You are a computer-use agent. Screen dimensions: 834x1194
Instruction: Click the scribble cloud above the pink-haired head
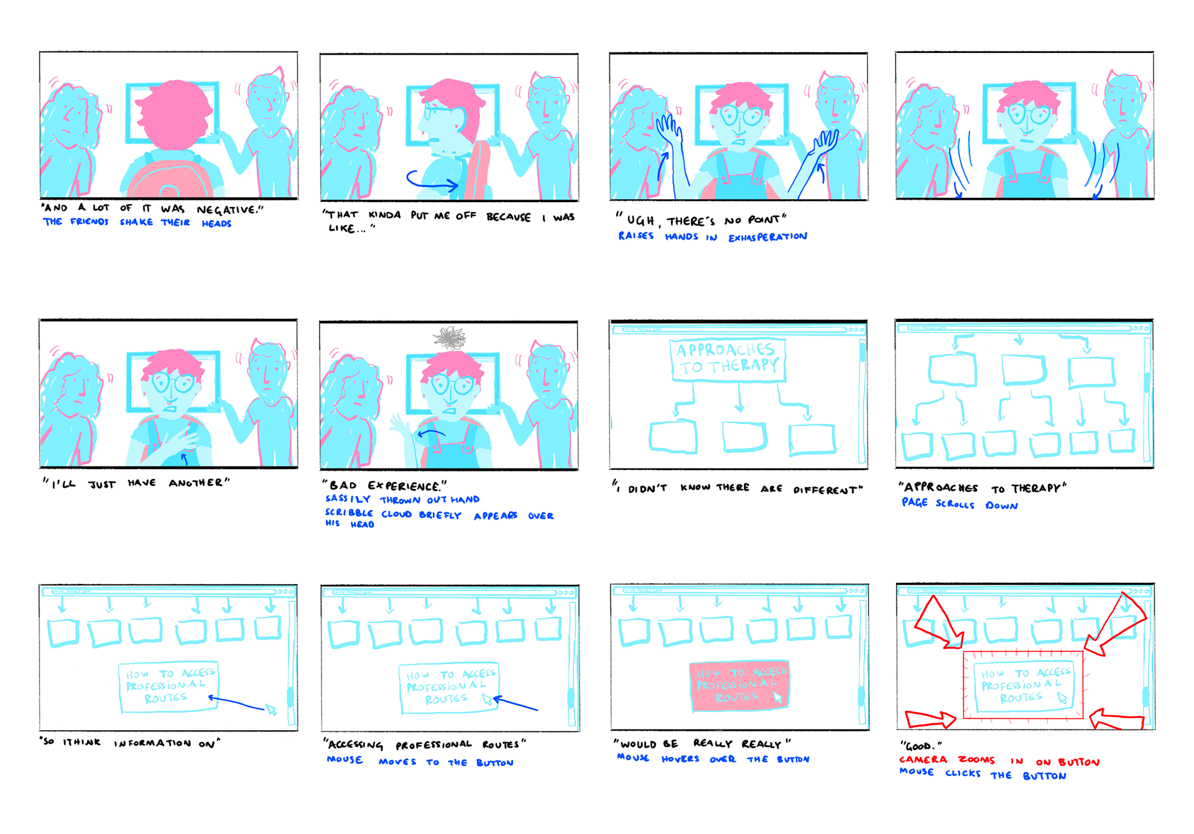[x=450, y=338]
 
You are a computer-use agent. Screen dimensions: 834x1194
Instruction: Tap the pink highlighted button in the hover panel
[x=739, y=685]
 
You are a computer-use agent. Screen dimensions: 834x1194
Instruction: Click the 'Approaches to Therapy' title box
[x=728, y=359]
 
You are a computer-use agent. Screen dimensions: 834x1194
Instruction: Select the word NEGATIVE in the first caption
[x=229, y=210]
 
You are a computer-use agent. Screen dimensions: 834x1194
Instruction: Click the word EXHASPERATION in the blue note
[x=767, y=237]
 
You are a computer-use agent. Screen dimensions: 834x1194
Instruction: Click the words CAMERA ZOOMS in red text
[x=946, y=760]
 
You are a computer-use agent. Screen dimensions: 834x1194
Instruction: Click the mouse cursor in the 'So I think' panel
[x=271, y=710]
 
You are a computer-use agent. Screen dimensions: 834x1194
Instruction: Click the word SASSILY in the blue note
[x=348, y=499]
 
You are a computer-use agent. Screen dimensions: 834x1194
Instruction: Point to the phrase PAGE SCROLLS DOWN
[x=960, y=504]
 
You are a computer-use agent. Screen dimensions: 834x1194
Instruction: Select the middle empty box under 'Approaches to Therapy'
[x=744, y=437]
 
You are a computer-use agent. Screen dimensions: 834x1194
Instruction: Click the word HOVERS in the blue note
[x=680, y=759]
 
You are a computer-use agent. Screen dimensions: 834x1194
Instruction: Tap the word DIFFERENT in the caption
[x=827, y=489]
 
